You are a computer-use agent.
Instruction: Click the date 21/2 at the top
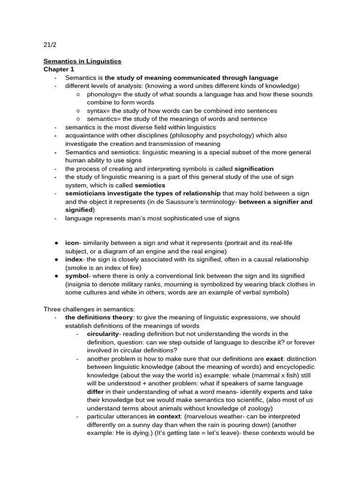tap(50, 45)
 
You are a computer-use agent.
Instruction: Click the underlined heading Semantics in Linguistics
tap(82, 61)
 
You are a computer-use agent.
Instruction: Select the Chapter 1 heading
tap(59, 69)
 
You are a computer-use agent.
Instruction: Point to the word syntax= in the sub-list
tap(98, 111)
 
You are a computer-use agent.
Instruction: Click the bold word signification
tap(254, 169)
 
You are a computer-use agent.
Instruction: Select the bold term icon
tap(72, 243)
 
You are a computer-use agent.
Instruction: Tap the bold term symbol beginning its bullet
tap(76, 276)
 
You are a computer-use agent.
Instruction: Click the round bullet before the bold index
tap(56, 260)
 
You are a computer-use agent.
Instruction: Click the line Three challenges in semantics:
tap(89, 309)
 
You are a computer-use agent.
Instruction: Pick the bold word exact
tap(274, 359)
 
